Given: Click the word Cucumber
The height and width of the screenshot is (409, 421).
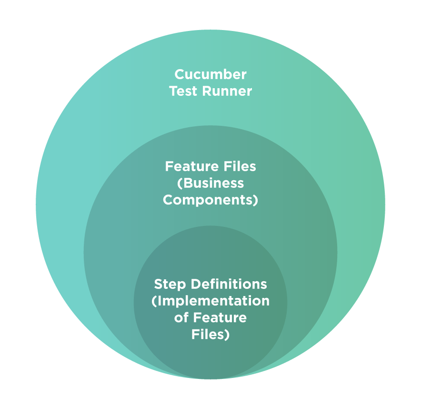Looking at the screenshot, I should point(210,74).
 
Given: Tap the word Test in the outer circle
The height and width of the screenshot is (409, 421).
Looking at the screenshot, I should point(183,91).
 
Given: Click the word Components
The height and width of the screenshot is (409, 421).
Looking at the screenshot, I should point(208,200).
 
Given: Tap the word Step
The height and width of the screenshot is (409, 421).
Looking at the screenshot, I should point(170,285).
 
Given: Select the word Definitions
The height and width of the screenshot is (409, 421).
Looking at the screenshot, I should point(229,284).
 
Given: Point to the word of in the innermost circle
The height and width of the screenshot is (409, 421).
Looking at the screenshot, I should point(181,318).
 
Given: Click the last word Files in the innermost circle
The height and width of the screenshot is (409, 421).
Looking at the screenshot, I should point(208,335).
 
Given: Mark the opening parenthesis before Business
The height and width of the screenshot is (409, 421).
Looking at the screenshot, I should point(180,184).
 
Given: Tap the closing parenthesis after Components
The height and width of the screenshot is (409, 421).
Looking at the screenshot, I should point(255,200).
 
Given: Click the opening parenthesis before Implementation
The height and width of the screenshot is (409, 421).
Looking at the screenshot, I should point(153,302).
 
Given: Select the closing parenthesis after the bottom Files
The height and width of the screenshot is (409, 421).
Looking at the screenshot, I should point(227,335).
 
